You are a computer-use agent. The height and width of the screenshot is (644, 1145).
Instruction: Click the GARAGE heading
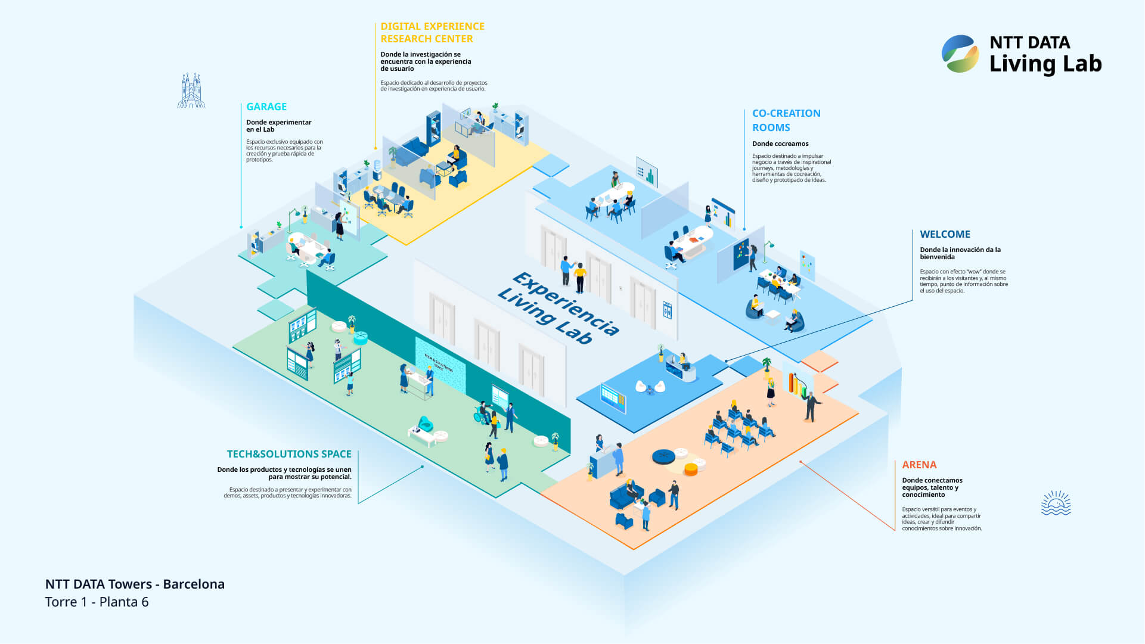coord(266,107)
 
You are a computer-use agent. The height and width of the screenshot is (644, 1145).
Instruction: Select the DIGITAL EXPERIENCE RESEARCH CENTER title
coord(432,33)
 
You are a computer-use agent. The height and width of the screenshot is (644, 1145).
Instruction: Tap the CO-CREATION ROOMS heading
coord(786,120)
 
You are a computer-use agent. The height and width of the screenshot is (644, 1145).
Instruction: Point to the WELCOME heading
coord(945,234)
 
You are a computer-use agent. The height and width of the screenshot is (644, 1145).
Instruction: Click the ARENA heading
coord(919,465)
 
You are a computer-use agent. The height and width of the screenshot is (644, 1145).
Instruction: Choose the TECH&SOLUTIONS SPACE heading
coord(289,454)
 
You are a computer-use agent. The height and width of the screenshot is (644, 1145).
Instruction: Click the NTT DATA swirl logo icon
coord(960,54)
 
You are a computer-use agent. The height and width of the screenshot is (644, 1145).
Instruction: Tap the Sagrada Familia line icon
coord(191,91)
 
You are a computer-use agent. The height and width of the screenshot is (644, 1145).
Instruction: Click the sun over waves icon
coord(1056,503)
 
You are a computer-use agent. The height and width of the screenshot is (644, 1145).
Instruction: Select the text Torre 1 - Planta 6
coord(97,602)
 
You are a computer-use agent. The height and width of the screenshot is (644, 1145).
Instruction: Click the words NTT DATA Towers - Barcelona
coord(135,584)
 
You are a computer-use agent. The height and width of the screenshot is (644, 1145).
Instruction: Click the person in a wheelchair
coord(482,412)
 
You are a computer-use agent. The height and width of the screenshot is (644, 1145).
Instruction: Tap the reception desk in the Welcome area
coord(681,372)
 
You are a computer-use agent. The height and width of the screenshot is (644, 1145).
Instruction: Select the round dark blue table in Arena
coord(663,457)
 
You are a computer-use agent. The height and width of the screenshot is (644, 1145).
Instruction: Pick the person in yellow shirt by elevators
coord(579,278)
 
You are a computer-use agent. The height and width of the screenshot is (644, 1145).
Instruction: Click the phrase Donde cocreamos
coord(780,144)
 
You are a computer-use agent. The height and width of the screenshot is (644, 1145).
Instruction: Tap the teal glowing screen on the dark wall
coord(440,365)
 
